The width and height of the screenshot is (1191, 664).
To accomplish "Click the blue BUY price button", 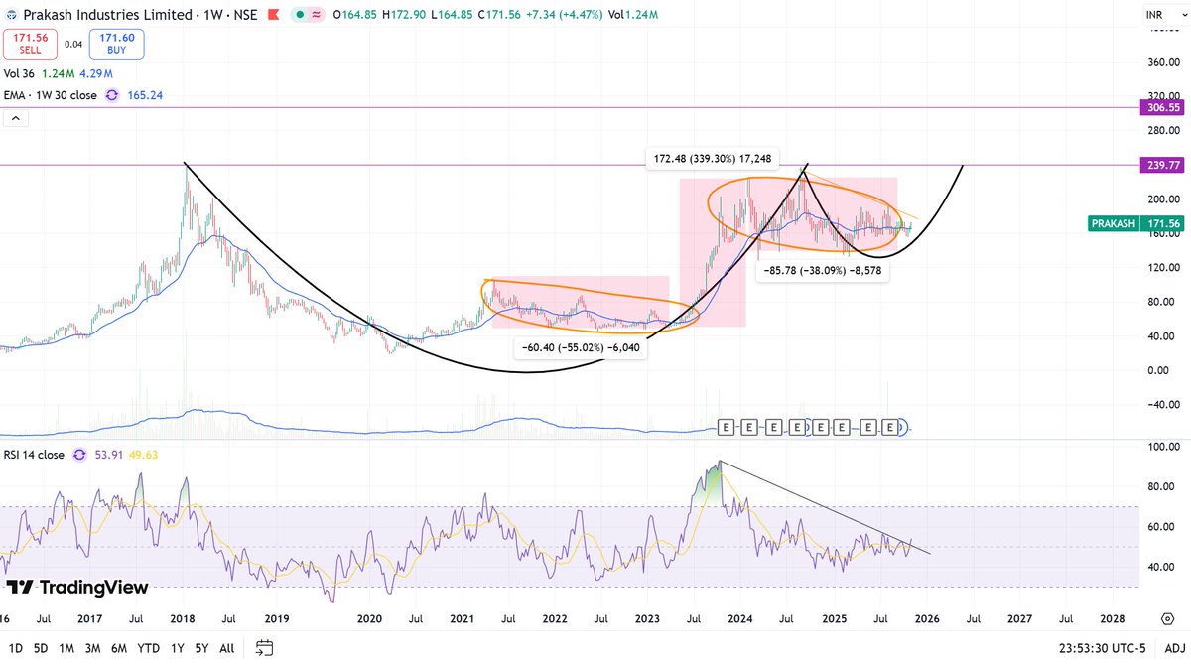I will point(116,44).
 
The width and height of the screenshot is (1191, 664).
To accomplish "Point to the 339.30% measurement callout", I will point(713,158).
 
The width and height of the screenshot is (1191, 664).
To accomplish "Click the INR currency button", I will point(1155,16).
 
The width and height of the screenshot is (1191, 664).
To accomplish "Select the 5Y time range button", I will point(200,647).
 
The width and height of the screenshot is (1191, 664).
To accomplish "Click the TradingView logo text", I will point(77,587).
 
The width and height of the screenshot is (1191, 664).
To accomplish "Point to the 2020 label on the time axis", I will point(369,618).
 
